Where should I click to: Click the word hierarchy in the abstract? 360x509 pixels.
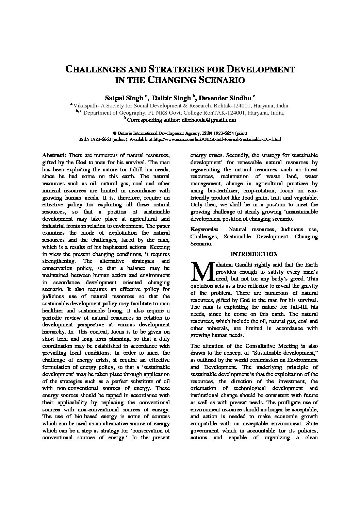point(53,332)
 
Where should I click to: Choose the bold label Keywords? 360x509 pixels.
point(204,230)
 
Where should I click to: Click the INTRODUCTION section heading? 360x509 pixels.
point(254,254)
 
